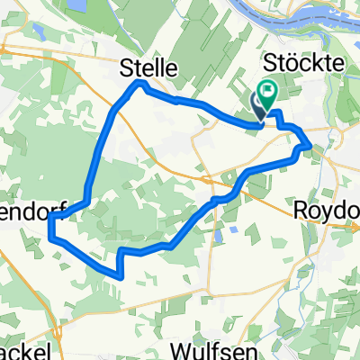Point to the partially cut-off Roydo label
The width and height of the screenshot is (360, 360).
pyautogui.click(x=328, y=209)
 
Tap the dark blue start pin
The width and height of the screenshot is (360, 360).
pyautogui.click(x=258, y=106)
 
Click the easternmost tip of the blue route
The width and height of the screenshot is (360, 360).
pyautogui.click(x=310, y=144)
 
